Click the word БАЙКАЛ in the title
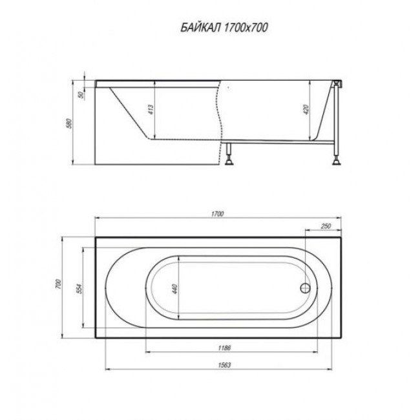point(200,28)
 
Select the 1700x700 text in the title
point(246,28)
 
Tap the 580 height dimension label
point(70,123)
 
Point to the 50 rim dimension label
point(81,94)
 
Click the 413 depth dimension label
point(151,110)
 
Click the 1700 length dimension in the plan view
point(218,214)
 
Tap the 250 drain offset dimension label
point(326,226)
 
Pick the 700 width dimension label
point(58,284)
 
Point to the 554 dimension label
point(80,288)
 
